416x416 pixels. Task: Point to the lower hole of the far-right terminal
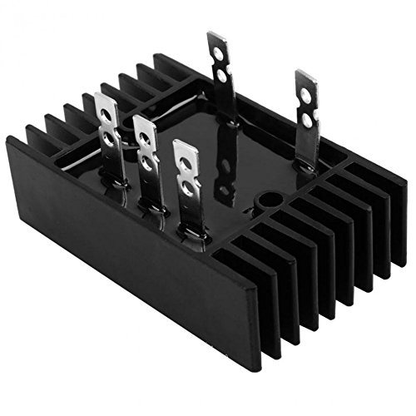[306, 121]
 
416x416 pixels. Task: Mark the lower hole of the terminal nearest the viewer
[189, 190]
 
